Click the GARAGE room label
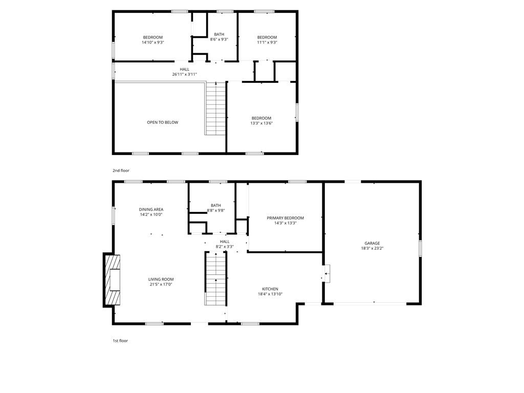(372, 243)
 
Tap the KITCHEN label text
(270, 289)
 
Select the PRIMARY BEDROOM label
(286, 218)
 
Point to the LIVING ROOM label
(161, 279)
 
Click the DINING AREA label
(151, 209)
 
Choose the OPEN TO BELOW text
(163, 122)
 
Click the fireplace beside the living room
(112, 280)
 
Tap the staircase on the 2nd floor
(215, 108)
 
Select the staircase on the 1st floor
(215, 279)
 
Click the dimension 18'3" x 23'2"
(372, 248)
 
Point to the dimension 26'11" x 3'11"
(184, 75)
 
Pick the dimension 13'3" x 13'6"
(261, 123)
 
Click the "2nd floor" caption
(121, 170)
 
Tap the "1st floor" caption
(120, 341)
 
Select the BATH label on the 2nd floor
(219, 34)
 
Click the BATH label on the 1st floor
(216, 206)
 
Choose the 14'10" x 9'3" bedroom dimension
(152, 42)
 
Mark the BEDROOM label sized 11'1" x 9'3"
(267, 37)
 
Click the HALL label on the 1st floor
(225, 242)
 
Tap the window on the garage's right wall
(420, 248)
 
